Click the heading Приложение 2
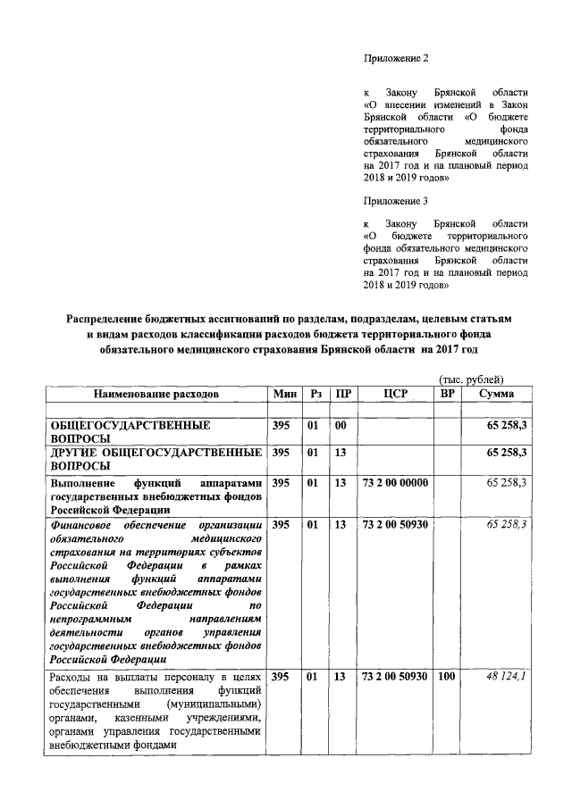[396, 58]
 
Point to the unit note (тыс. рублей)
[471, 380]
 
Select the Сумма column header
[495, 394]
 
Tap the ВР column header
[447, 394]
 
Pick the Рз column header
[314, 394]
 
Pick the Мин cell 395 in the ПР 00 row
[281, 426]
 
